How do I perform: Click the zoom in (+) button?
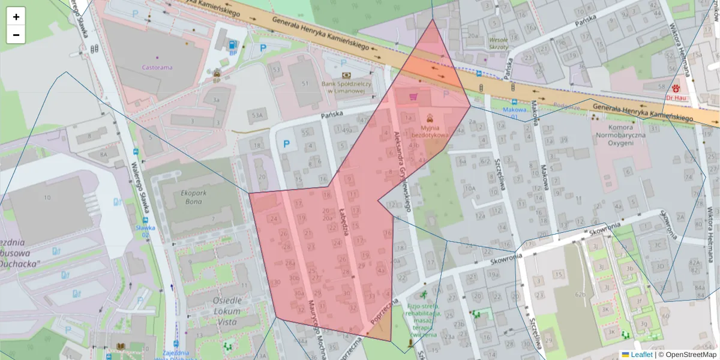pos(16,17)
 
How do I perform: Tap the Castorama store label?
pos(157,67)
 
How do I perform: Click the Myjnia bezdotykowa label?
pos(430,131)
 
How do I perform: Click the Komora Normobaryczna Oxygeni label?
pos(621,136)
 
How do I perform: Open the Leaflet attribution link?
pos(641,355)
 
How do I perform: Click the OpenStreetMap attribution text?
pos(687,355)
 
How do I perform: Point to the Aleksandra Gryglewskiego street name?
pos(400,171)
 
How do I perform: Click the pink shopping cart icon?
pos(413,96)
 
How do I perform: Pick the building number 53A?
pos(257,115)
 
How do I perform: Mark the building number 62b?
pos(580,295)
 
